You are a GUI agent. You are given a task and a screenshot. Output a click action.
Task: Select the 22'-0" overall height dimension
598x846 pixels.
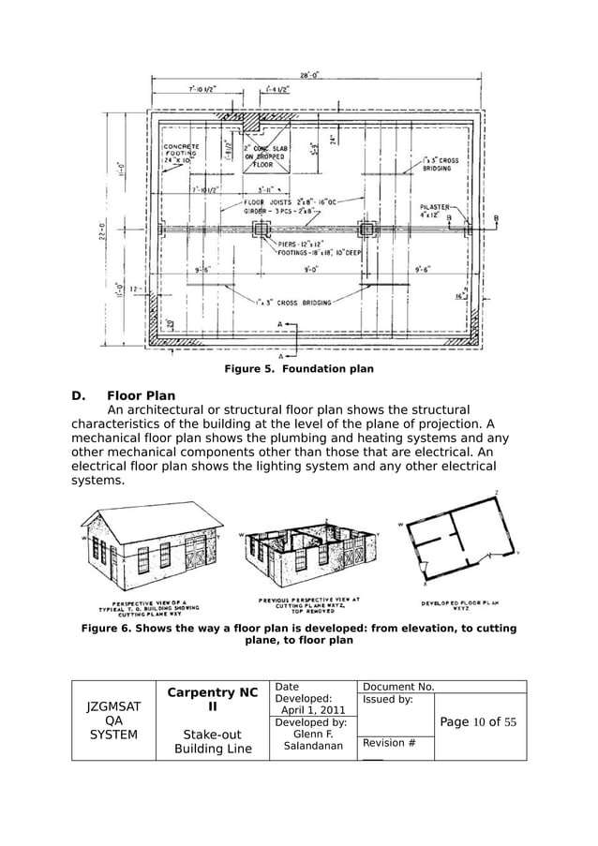click(x=100, y=229)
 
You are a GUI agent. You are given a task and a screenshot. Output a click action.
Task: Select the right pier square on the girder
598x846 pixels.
click(x=366, y=229)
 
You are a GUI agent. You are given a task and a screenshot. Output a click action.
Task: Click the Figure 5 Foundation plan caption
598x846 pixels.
click(x=298, y=369)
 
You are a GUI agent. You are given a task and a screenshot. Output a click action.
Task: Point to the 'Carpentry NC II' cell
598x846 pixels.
click(x=213, y=703)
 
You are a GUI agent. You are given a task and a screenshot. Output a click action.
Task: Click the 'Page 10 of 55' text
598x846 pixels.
click(x=478, y=721)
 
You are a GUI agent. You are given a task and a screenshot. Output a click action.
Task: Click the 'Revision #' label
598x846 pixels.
click(x=385, y=743)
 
